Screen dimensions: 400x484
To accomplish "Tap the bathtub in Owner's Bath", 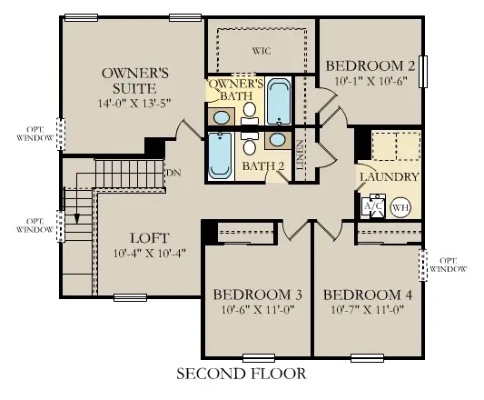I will (x=279, y=101).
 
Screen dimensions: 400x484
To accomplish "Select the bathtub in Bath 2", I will (x=221, y=155).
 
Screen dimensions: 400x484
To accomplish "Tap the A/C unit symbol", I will (x=372, y=206).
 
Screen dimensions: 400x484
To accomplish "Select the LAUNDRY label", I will (x=389, y=176).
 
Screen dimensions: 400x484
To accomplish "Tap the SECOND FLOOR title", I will (x=241, y=373).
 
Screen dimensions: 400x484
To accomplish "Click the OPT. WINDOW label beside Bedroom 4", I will (x=449, y=265).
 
